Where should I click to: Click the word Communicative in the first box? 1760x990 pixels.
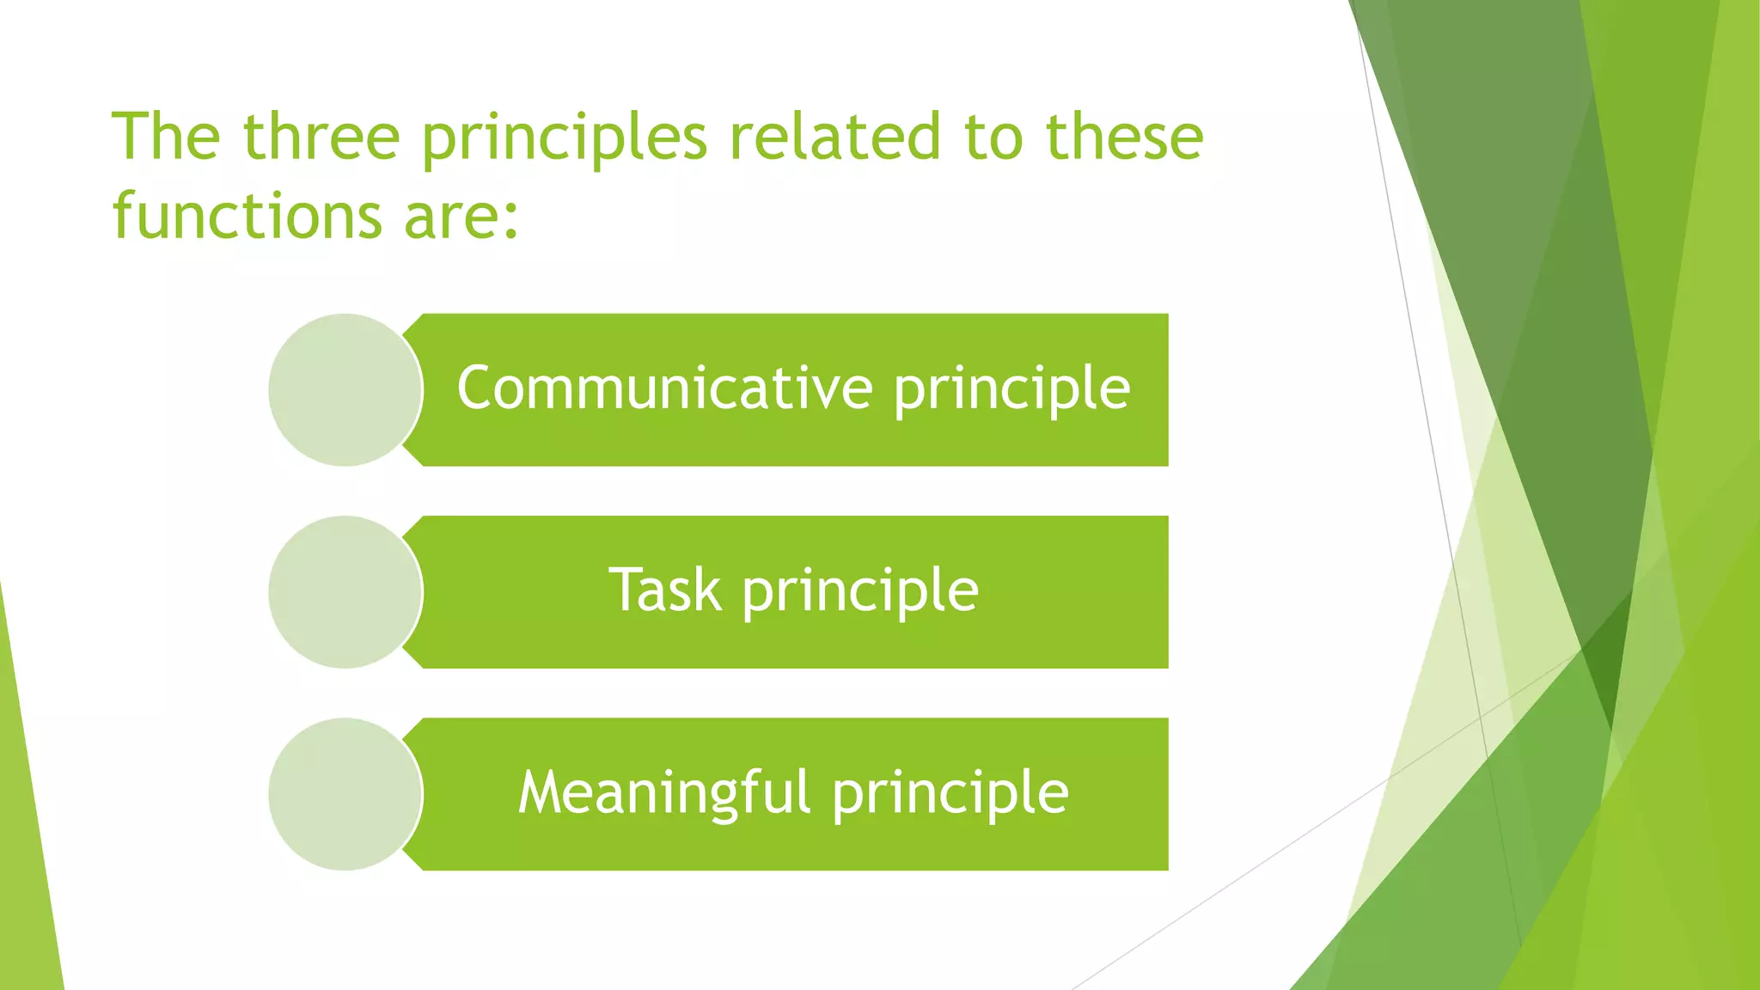[665, 388]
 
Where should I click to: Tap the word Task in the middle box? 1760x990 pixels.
[664, 590]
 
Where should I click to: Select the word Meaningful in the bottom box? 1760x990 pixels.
[663, 792]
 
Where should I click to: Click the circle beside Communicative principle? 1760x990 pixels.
[345, 390]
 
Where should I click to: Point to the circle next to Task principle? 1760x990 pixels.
[345, 592]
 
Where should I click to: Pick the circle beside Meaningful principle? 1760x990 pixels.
[345, 794]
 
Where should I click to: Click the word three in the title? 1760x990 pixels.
[321, 137]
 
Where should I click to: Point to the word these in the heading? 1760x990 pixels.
[1124, 137]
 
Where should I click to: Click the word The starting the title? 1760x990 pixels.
[166, 137]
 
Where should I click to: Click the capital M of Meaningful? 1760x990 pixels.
[540, 792]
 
